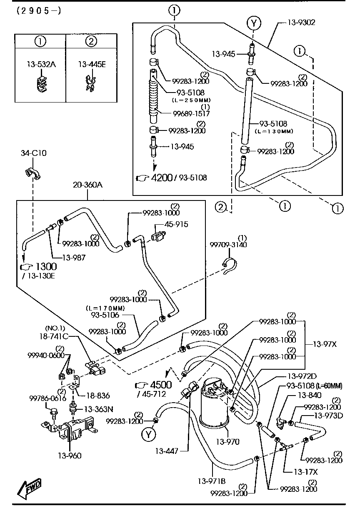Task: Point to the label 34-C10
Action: coord(34,153)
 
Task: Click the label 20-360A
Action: coord(87,185)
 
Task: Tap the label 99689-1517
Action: coord(191,113)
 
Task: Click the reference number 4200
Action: coord(161,178)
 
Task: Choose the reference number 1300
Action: coord(46,266)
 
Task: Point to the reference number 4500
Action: coord(160,384)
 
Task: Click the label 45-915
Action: coord(176,224)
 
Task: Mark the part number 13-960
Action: coord(70,456)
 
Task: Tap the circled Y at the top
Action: coord(253,23)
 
